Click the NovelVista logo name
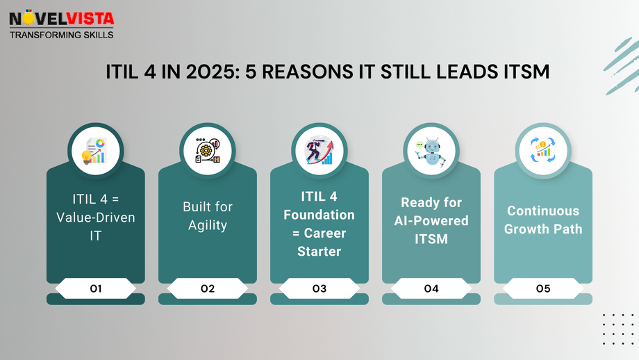61,17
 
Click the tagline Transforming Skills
61,33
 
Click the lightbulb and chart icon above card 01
95,149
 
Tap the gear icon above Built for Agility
208,149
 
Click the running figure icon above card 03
319,149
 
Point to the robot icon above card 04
431,149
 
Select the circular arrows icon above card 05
543,149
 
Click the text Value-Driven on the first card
95,218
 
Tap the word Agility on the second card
208,225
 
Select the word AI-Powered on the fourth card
431,221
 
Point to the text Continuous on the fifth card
543,211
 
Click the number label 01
95,288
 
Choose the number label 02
208,288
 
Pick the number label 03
319,288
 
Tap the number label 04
431,288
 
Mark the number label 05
543,288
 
